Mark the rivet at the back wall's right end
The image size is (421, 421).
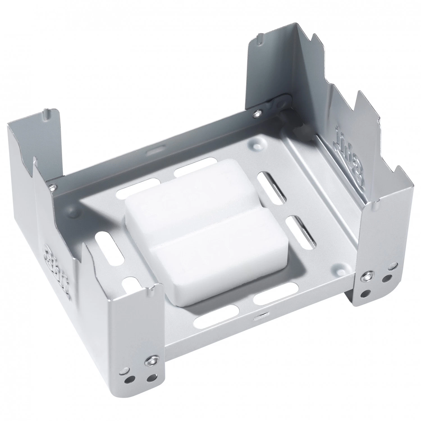[257, 113]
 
